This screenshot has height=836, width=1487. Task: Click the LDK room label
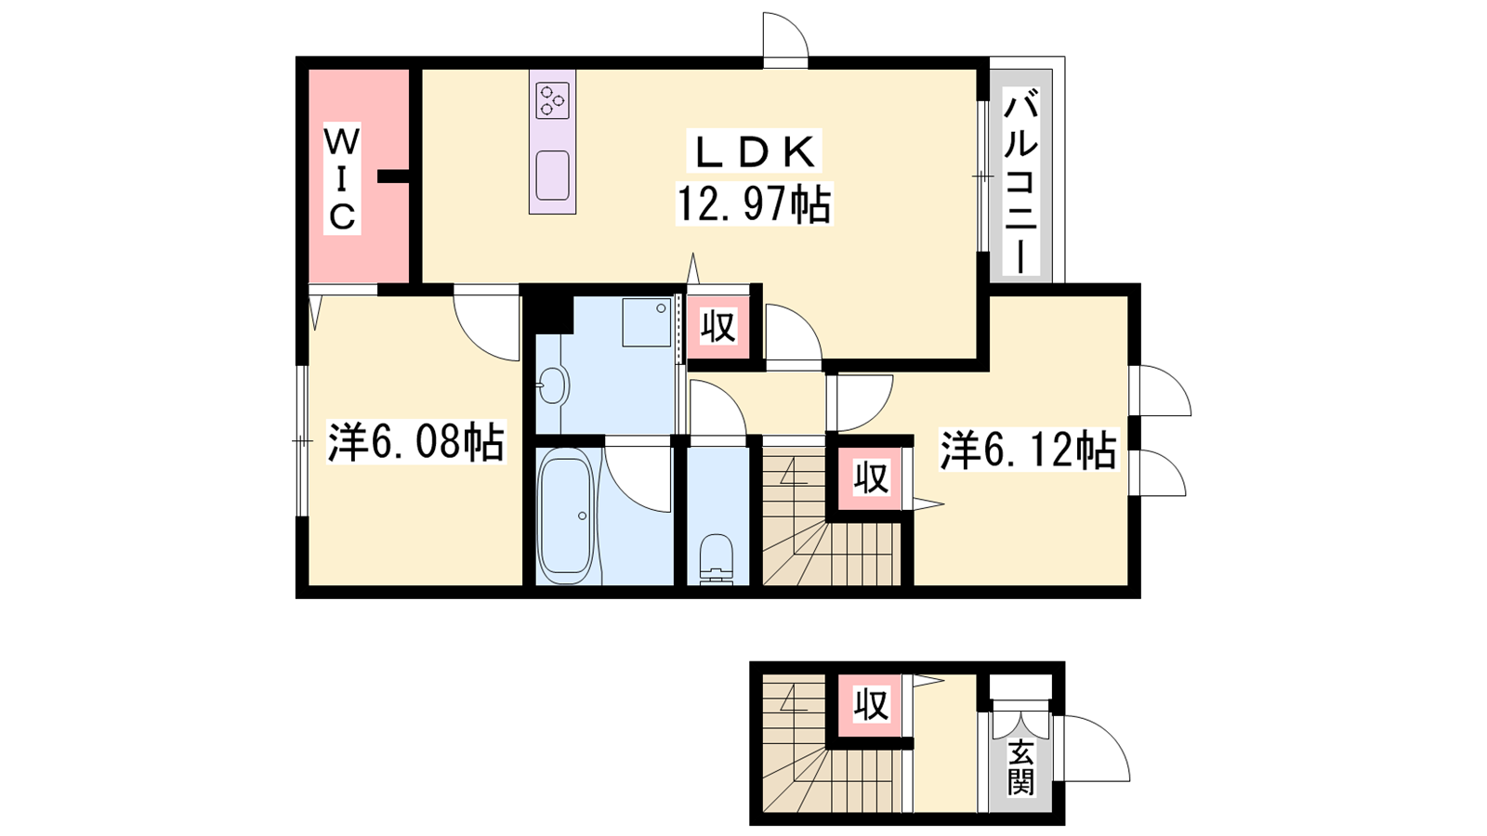coord(756,152)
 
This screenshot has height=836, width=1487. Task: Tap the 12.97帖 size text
coord(754,203)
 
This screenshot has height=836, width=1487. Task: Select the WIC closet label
coord(342,178)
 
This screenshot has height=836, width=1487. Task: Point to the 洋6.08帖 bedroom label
coord(416,442)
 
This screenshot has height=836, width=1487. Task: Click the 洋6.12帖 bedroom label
coord(1028,451)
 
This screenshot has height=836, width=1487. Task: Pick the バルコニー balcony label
coord(1020,184)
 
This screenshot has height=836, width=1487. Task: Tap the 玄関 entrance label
coord(1020,767)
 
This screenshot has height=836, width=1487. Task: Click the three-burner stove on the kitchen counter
coord(552,100)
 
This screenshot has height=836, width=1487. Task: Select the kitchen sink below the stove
coord(552,175)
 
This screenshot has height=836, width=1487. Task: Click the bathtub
coord(566,516)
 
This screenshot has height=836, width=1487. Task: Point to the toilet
coord(717,558)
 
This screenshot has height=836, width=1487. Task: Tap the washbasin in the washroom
coord(553,385)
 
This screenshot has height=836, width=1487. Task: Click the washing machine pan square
coord(647,322)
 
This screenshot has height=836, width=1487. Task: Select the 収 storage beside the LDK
coord(719,327)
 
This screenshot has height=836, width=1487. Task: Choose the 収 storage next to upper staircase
coord(871,477)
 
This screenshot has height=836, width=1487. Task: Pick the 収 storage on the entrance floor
coord(871,705)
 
